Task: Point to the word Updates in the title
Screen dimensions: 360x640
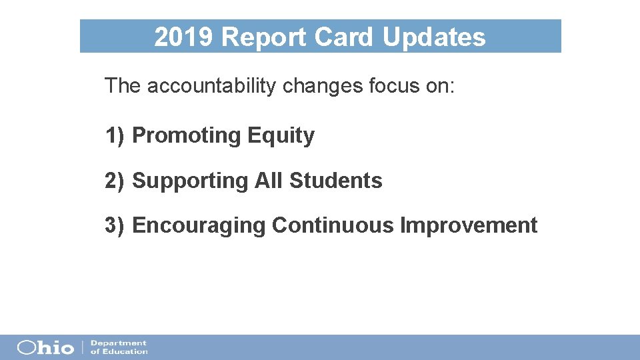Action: (x=434, y=37)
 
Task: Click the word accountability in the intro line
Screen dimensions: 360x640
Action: (x=211, y=86)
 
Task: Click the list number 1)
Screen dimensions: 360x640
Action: (x=115, y=135)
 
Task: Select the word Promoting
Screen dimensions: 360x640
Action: (x=186, y=135)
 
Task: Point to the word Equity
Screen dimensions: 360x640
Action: (x=281, y=136)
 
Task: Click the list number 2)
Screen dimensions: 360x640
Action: (x=115, y=181)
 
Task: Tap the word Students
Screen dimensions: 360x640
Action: (x=336, y=181)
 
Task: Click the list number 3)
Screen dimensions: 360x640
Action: (x=115, y=225)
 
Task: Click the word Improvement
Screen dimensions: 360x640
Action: (x=469, y=225)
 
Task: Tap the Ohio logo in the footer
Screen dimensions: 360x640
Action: (x=45, y=347)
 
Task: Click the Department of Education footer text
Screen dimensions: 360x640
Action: (x=119, y=347)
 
